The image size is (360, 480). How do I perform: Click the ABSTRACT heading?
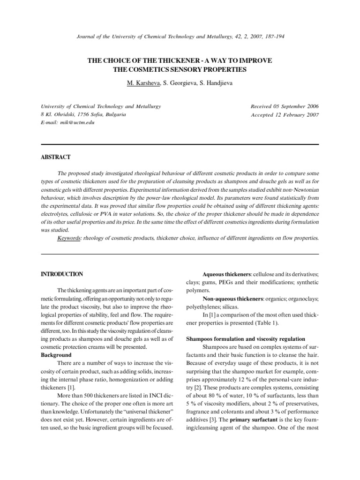pos(56,157)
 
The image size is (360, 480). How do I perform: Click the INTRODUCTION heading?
pos(62,274)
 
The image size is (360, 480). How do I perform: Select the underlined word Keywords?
pos(69,238)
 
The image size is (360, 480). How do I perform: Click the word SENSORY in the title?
pos(198,70)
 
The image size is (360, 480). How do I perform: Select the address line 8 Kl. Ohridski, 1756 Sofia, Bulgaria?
pos(83,114)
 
